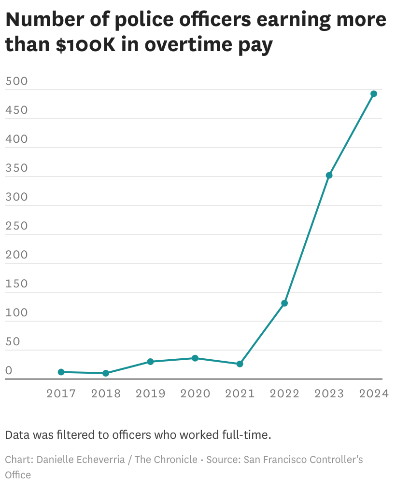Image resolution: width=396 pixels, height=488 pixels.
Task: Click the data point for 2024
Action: point(373,94)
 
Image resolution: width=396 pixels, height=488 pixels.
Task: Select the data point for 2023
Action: point(329,175)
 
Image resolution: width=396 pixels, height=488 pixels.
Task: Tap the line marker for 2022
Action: point(284,303)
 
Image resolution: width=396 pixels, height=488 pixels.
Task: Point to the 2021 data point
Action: point(240,364)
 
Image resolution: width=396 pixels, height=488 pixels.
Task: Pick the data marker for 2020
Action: point(195,358)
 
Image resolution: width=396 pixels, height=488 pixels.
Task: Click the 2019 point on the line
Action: point(150,362)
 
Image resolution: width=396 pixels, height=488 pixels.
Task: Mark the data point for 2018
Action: point(106,373)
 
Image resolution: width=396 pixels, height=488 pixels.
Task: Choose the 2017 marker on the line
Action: point(61,372)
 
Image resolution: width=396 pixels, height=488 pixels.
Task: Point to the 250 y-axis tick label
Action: point(16,226)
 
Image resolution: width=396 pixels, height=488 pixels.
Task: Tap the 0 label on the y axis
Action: point(9,370)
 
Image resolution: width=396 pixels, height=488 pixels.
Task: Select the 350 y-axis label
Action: point(16,168)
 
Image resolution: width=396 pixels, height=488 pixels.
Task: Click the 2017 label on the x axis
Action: point(61,393)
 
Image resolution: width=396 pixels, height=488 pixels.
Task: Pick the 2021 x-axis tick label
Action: point(240,393)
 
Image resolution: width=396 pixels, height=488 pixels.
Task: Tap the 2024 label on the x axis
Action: point(373,393)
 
